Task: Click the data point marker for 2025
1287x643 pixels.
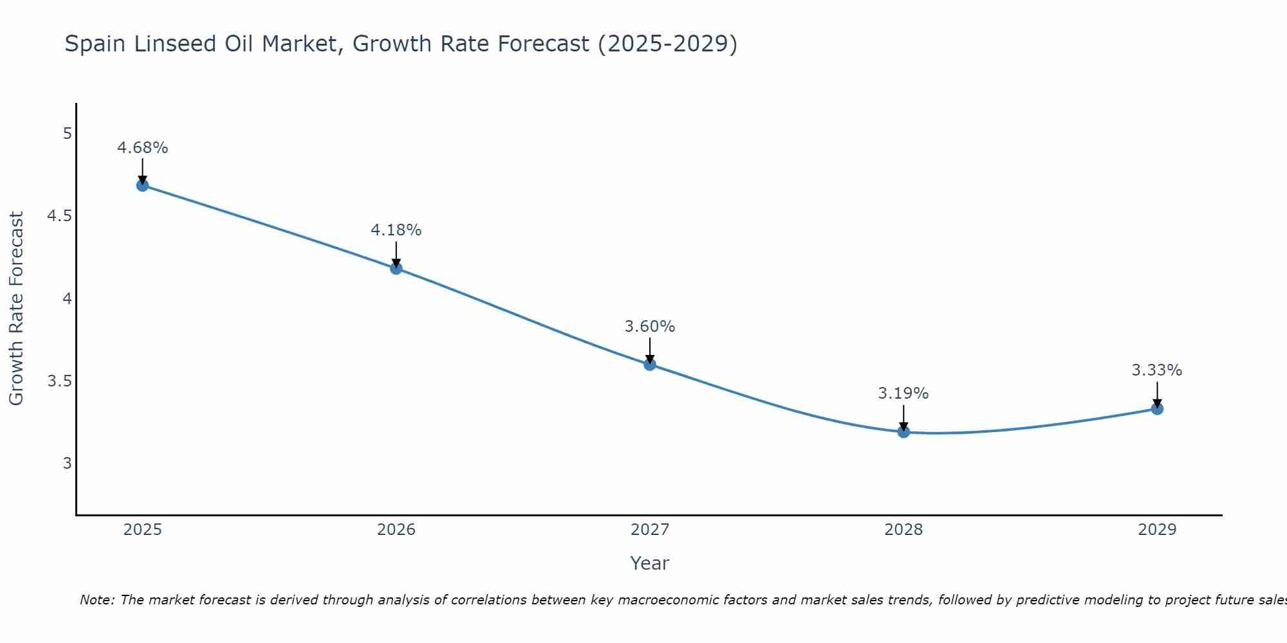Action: [x=142, y=185]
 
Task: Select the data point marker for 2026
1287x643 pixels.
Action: [x=396, y=268]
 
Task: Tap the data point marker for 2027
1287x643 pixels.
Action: [x=650, y=364]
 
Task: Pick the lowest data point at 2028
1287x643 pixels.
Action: [x=903, y=431]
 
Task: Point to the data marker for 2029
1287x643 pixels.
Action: [x=1157, y=408]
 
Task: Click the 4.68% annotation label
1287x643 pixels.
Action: [x=142, y=148]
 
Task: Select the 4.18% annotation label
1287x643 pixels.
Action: [x=396, y=230]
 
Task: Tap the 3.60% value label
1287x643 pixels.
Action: [x=650, y=327]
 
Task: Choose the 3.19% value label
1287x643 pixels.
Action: [x=903, y=394]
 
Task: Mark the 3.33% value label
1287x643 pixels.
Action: [x=1157, y=370]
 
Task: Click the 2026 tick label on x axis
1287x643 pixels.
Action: [x=396, y=530]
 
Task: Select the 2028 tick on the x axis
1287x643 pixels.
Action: [x=903, y=530]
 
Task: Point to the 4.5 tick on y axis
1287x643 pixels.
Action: [x=59, y=216]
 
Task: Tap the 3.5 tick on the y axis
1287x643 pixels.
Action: [x=59, y=381]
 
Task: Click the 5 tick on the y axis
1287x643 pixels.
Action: [x=67, y=134]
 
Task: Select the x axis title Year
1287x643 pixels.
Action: [x=650, y=563]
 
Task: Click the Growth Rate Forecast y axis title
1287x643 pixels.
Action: [x=16, y=309]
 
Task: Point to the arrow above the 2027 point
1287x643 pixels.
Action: [x=650, y=350]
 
